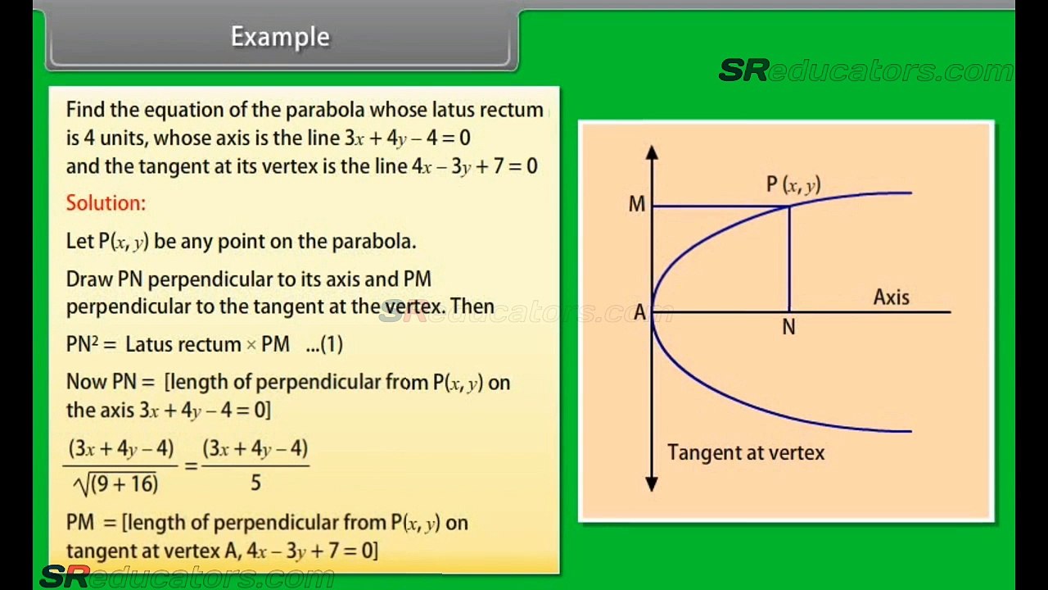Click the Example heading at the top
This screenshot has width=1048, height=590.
pyautogui.click(x=280, y=37)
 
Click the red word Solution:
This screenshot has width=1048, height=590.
pyautogui.click(x=106, y=203)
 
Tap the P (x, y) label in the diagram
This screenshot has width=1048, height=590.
pyautogui.click(x=793, y=185)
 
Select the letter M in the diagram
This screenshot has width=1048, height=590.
pyautogui.click(x=636, y=205)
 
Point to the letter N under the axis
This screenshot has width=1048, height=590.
pyautogui.click(x=788, y=328)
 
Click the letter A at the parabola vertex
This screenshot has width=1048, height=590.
pyautogui.click(x=639, y=313)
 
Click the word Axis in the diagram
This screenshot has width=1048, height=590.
pyautogui.click(x=891, y=297)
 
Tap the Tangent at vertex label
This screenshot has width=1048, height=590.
pyautogui.click(x=745, y=452)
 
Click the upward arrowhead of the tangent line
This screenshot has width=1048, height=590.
pyautogui.click(x=652, y=152)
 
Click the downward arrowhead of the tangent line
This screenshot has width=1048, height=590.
pyautogui.click(x=652, y=484)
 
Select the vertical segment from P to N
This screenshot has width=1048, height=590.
pyautogui.click(x=789, y=258)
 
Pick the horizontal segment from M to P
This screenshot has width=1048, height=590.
pyautogui.click(x=720, y=206)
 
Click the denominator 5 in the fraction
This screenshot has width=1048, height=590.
pyautogui.click(x=255, y=483)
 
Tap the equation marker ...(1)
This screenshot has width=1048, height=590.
pyautogui.click(x=324, y=344)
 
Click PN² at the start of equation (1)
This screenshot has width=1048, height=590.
pyautogui.click(x=82, y=344)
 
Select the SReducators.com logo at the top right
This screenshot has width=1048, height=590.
pyautogui.click(x=865, y=71)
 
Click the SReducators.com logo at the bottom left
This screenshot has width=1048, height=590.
pyautogui.click(x=187, y=577)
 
